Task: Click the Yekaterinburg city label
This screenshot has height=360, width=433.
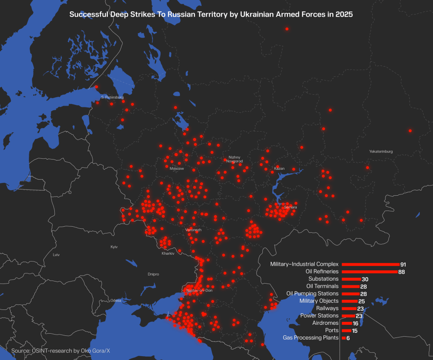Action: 381,152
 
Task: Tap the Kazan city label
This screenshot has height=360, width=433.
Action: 279,169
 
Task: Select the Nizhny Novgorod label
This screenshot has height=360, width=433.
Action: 234,159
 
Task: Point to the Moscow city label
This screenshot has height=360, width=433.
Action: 177,169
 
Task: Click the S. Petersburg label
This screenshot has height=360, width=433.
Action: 112,97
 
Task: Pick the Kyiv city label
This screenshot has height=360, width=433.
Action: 114,247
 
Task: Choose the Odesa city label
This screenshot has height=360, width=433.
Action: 116,301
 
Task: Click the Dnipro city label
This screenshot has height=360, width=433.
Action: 153,274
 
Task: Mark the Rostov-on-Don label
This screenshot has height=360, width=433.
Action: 200,290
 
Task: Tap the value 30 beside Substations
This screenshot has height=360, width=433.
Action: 365,279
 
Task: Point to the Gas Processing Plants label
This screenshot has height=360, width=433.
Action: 311,338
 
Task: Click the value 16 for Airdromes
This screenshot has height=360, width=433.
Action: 355,323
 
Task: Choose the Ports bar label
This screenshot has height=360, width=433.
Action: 332,331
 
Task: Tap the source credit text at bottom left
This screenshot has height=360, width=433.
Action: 61,351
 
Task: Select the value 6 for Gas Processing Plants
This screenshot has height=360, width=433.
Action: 348,338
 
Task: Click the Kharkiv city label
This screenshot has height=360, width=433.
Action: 168,253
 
